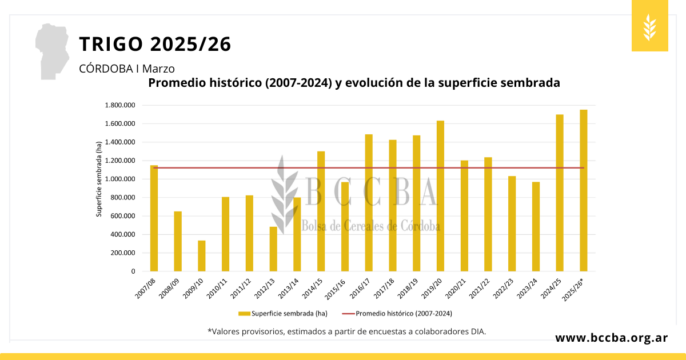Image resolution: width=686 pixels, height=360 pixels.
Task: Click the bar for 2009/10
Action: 202,256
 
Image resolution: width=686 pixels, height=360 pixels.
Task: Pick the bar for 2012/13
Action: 273,249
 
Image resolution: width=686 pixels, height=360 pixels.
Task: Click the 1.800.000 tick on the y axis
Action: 119,105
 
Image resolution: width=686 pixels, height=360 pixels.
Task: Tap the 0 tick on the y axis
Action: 132,271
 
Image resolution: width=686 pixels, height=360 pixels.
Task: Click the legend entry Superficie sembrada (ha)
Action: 284,313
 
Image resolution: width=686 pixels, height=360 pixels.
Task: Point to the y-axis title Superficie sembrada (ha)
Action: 99,179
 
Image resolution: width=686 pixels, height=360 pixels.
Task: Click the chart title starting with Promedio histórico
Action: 354,83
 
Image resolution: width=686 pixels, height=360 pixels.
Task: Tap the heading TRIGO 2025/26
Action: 155,44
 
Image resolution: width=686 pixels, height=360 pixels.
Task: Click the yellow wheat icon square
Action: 649,26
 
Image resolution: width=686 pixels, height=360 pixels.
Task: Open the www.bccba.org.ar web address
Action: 612,338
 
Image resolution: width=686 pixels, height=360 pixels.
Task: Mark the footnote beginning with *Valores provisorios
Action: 346,331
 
